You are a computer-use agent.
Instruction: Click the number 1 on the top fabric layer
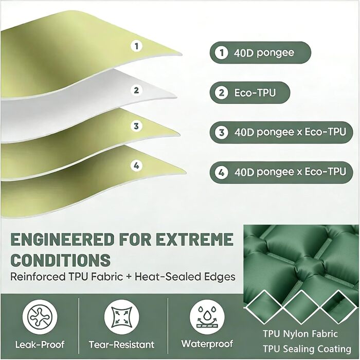click(x=137, y=46)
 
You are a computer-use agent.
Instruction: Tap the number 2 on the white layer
click(x=136, y=90)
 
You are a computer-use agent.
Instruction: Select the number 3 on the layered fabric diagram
click(x=136, y=126)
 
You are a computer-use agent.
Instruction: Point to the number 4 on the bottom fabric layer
click(x=136, y=166)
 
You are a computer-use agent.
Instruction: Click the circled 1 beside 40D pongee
click(x=221, y=52)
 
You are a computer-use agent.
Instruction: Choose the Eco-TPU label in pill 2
click(x=255, y=93)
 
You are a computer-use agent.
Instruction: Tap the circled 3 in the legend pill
click(x=222, y=133)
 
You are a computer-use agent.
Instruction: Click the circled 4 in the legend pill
click(x=222, y=172)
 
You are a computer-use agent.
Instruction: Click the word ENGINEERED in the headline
click(x=62, y=240)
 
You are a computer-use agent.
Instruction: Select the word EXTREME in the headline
click(x=195, y=240)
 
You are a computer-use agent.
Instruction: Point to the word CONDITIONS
click(x=61, y=260)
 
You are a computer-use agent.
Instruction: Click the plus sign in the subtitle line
click(x=129, y=277)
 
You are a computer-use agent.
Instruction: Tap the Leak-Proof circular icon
click(x=40, y=317)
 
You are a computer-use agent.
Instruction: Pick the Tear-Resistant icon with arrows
click(x=122, y=317)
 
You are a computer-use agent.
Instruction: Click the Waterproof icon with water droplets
click(x=207, y=317)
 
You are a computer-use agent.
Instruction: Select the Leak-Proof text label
click(x=40, y=345)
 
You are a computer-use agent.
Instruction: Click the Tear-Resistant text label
click(x=122, y=345)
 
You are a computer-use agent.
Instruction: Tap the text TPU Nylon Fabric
click(x=300, y=334)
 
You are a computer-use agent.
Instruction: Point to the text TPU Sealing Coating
click(x=307, y=349)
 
